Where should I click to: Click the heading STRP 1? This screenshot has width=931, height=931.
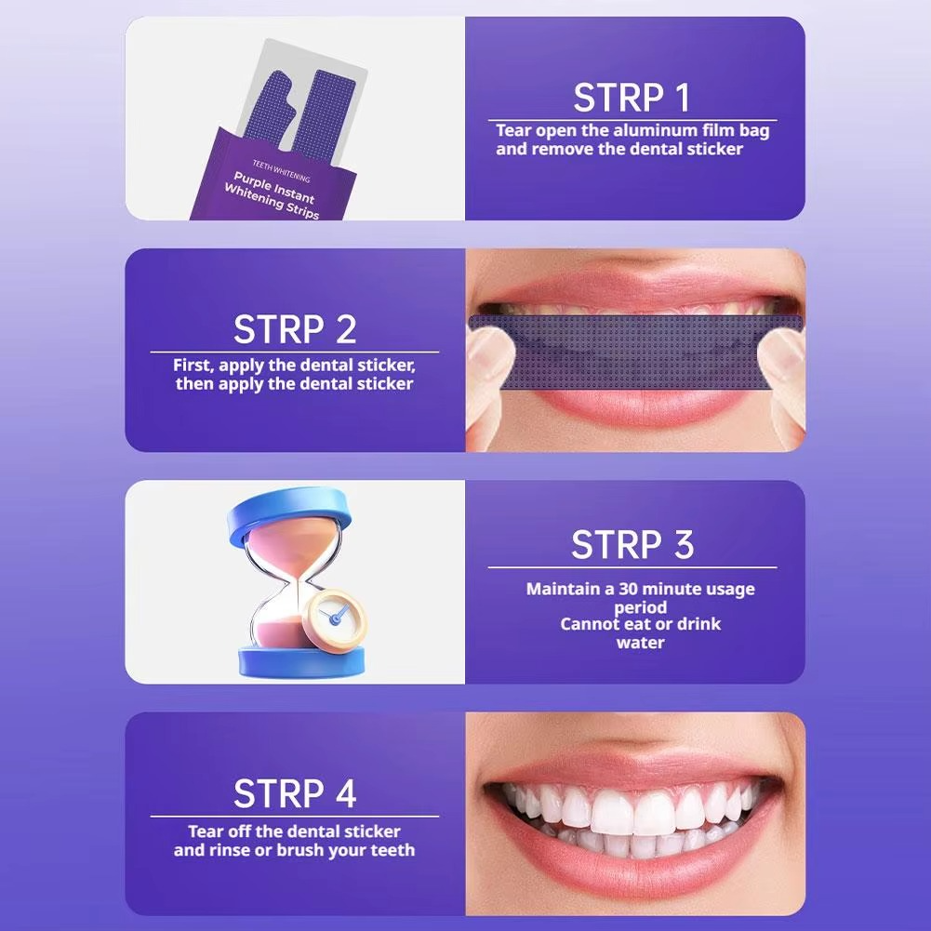[x=632, y=98]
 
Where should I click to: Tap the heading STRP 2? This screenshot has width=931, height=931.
[x=295, y=330]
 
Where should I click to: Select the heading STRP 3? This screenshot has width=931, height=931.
[x=632, y=545]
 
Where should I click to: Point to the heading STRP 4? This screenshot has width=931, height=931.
[x=295, y=794]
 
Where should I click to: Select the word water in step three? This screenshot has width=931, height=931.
[x=640, y=643]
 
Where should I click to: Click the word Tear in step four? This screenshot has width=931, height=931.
[x=206, y=831]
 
